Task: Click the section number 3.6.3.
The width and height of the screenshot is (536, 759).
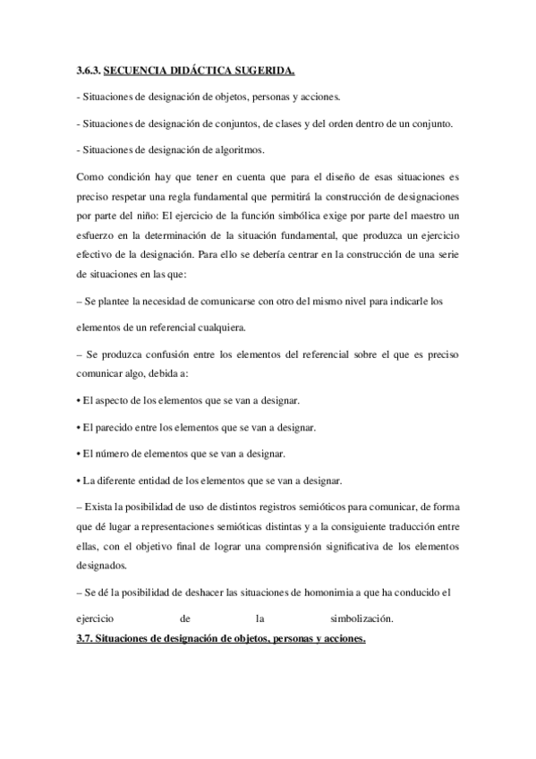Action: click(x=88, y=69)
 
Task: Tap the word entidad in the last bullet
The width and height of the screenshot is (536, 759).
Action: click(x=165, y=477)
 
